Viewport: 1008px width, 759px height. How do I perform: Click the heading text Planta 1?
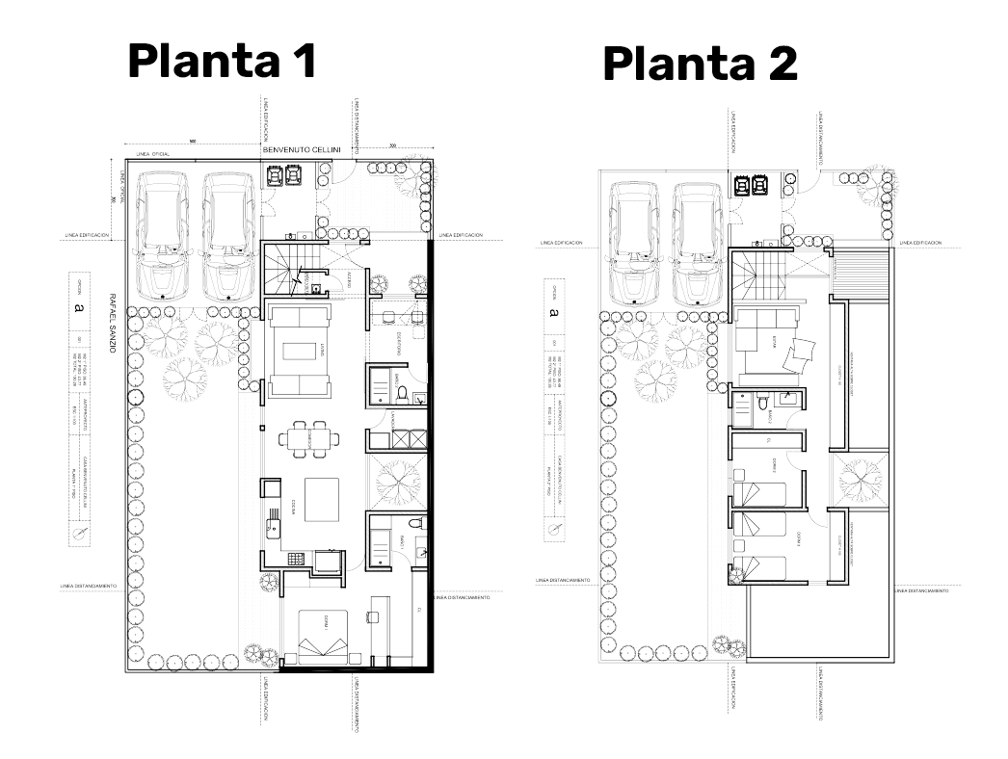223,62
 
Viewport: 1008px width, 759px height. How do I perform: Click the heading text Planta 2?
700,65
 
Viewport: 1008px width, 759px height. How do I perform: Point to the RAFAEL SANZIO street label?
113,323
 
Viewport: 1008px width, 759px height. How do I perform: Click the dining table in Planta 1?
309,439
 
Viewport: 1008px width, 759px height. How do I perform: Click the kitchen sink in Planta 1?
274,526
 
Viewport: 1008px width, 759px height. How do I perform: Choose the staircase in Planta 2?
758,275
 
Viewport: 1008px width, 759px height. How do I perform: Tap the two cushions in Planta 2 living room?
797,359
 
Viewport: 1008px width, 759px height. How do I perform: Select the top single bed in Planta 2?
759,486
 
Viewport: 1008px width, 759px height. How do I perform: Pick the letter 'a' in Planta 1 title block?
76,310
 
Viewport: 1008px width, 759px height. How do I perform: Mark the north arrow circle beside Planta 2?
553,529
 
